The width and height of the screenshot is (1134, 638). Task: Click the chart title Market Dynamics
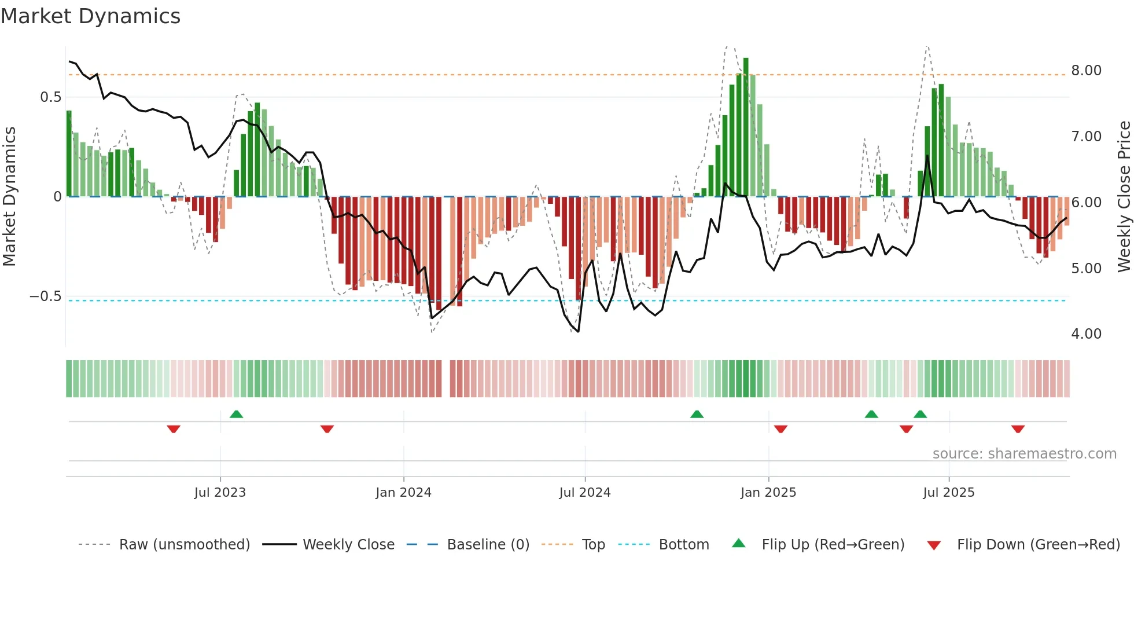91,16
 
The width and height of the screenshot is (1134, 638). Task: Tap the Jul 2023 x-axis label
220,492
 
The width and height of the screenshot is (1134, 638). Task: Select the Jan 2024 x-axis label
403,492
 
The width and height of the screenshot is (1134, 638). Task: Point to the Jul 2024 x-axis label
585,492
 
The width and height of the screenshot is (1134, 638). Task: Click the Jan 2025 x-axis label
768,492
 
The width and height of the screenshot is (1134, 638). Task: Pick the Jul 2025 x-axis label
949,492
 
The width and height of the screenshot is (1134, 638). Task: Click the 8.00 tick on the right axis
1086,71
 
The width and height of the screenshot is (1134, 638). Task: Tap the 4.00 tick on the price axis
1086,334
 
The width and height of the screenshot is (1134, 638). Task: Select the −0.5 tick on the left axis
46,296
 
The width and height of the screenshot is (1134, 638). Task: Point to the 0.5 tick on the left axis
51,97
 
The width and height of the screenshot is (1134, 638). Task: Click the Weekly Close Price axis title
1124,196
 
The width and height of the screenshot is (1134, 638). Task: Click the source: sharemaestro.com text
1024,454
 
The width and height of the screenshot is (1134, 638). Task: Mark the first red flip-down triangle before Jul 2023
174,428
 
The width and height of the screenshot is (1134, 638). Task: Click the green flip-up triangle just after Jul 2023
236,414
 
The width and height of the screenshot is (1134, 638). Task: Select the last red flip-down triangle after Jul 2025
1018,428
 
